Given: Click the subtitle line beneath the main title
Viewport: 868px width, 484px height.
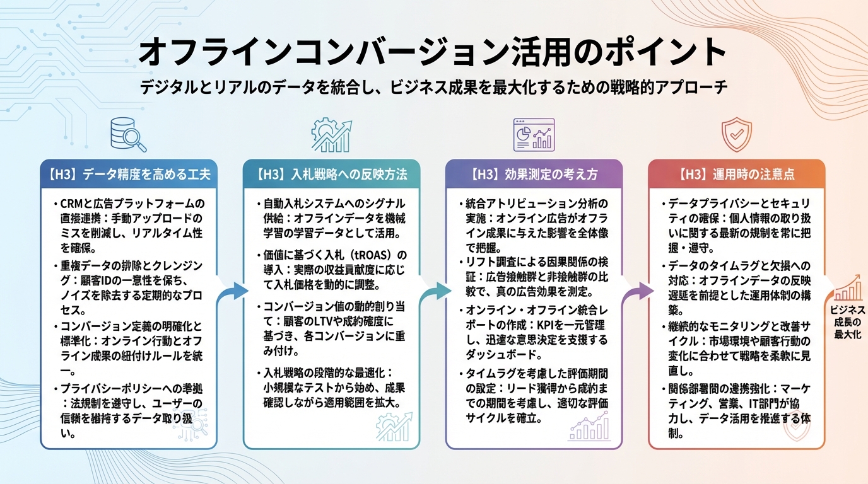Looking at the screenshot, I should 434,87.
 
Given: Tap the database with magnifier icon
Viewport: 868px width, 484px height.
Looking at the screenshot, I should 127,134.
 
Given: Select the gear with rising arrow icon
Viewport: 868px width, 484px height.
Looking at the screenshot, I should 331,134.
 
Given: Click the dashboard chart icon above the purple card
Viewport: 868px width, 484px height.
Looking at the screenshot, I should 534,134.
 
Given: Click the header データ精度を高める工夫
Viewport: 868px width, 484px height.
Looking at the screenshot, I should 129,174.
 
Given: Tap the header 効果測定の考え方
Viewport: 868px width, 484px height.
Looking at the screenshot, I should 534,174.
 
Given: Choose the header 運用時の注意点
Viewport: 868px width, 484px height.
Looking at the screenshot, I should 736,174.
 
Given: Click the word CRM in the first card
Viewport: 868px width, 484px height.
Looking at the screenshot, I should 71,204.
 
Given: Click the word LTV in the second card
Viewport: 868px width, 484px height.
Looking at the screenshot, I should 325,325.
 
